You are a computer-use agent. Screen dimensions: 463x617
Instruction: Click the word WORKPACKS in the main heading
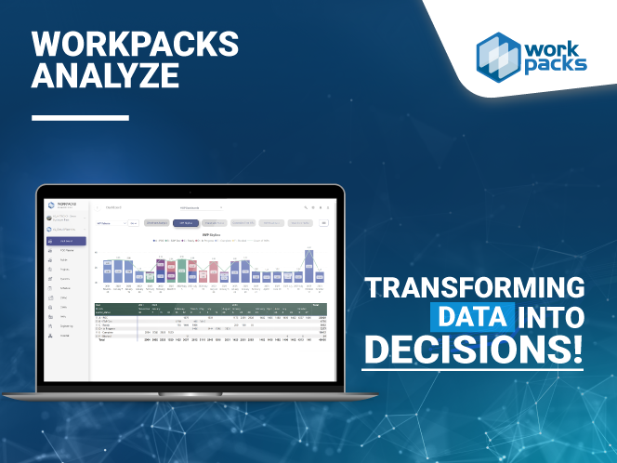click(136, 44)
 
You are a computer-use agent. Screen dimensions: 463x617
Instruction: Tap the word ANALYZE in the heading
click(106, 76)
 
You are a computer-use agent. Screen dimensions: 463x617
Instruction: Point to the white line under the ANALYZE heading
click(80, 118)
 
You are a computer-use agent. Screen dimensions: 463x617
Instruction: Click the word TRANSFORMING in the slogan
click(475, 286)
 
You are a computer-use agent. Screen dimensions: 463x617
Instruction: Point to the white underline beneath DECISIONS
click(473, 369)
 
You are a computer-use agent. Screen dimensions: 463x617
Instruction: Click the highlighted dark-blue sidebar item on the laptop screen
click(66, 242)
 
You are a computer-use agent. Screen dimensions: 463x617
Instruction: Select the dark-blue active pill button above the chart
click(186, 223)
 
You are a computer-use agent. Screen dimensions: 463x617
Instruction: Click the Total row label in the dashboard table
click(103, 339)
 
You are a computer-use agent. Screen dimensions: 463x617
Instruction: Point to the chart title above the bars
click(211, 233)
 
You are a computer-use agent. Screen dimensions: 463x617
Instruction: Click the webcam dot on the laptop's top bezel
click(190, 190)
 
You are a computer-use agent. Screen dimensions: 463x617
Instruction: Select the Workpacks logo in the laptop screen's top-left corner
click(52, 205)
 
